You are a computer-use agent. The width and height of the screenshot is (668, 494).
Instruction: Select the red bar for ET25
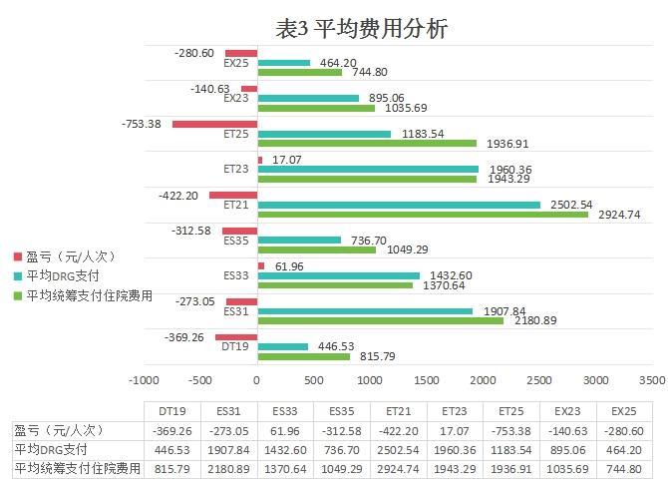[x=214, y=124]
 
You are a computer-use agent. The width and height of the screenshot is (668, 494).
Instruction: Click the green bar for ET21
[x=423, y=215]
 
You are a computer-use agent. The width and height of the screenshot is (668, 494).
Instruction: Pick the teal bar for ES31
[x=365, y=310]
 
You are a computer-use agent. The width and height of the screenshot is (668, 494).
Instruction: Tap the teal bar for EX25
[x=284, y=62]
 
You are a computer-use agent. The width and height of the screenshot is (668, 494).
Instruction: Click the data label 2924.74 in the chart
[x=618, y=215]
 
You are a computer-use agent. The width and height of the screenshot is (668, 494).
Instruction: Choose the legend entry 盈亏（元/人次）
[x=64, y=255]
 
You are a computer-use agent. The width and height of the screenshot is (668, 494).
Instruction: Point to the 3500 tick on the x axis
[x=652, y=380]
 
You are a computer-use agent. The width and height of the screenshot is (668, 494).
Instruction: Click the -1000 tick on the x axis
[x=144, y=380]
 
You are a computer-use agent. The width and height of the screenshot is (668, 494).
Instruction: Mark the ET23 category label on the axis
[x=236, y=170]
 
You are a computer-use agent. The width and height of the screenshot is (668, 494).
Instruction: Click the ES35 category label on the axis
[x=236, y=241]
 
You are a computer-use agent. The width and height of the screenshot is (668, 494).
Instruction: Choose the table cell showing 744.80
[x=624, y=468]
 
